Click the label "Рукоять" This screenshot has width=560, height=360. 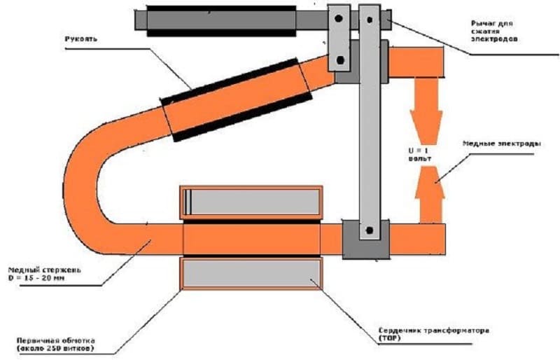point(80,39)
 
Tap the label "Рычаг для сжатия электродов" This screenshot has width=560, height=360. point(494,31)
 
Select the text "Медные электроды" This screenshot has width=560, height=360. point(501,144)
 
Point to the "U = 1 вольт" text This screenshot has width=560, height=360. point(419,155)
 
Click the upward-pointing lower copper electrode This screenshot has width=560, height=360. point(430,195)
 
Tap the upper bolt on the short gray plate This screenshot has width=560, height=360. point(339,18)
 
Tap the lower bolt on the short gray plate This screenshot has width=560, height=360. point(340,60)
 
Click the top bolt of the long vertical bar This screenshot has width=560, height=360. point(370,20)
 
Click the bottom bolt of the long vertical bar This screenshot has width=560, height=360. point(370,230)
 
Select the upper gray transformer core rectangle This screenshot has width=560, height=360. point(252,202)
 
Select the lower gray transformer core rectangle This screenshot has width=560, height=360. point(251,273)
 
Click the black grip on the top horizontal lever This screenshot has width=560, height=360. point(221,21)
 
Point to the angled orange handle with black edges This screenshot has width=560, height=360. point(237,100)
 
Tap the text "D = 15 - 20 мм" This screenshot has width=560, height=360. point(37,278)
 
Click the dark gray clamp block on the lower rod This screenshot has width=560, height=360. point(365,240)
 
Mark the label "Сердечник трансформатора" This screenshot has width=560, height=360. point(433,331)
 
